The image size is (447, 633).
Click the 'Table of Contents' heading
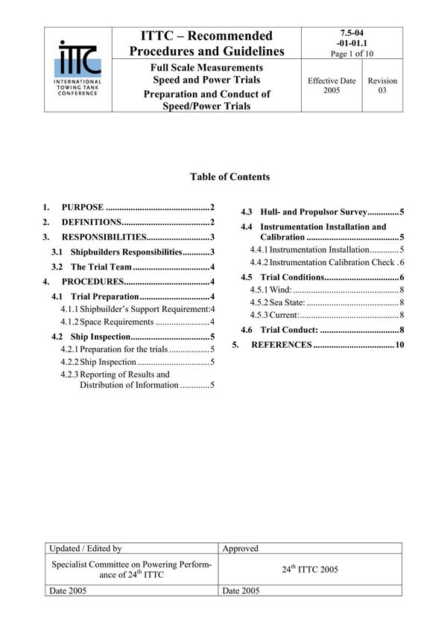coord(230,177)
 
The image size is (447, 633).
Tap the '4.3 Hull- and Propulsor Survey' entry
coord(322,211)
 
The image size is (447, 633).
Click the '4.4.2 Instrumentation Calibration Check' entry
coord(326,262)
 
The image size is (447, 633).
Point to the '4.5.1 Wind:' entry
coord(326,289)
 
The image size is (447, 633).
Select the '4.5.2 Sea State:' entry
coord(326,302)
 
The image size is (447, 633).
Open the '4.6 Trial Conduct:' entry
coord(322,329)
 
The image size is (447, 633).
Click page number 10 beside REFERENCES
coord(399,345)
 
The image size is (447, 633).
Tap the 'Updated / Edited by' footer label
coord(85,548)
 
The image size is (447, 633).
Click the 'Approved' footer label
coord(241,548)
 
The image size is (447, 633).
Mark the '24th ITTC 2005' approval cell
coord(310,570)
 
